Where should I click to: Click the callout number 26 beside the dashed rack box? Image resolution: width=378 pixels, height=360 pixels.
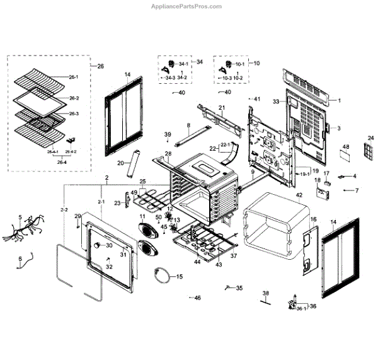tap(100, 66)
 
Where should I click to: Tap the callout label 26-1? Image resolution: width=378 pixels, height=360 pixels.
tap(73, 78)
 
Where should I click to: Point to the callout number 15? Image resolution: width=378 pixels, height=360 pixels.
tap(179, 277)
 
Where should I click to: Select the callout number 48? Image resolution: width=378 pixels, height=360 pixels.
tap(345, 147)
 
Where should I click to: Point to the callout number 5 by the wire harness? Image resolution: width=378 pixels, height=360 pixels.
tap(20, 218)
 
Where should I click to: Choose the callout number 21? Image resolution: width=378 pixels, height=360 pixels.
tap(222, 108)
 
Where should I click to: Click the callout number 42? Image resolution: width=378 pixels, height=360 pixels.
tap(299, 195)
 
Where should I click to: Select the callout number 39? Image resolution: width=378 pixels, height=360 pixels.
tap(168, 134)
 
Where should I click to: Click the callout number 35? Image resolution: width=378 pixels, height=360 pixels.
tap(239, 288)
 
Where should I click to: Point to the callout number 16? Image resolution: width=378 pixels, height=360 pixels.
tap(312, 219)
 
